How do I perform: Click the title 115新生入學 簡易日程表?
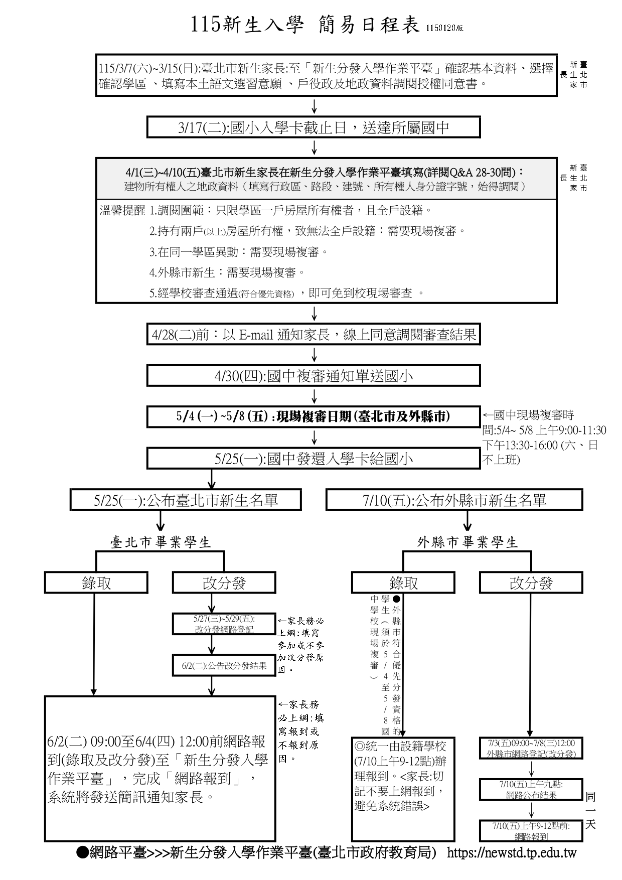point(305,25)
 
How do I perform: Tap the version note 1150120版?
point(445,29)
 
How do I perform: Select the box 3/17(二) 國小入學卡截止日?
point(314,127)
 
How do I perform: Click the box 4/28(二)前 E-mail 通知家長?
point(314,334)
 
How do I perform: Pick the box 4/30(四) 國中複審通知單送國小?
point(314,376)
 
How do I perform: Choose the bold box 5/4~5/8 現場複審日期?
point(314,416)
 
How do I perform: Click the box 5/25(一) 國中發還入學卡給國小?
point(314,459)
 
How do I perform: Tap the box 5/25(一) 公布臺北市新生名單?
point(186,500)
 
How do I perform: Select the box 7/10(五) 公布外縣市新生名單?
point(454,500)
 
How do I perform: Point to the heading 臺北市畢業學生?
point(161,542)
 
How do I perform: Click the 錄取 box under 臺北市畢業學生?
point(96,583)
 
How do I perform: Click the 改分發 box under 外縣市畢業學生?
point(531,583)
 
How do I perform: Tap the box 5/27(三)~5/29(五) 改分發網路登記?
point(224,624)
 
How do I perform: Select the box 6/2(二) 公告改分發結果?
point(224,666)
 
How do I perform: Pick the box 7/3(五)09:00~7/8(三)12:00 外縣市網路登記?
point(531,748)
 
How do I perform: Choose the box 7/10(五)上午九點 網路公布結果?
point(531,789)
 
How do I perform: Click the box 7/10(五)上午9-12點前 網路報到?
point(531,831)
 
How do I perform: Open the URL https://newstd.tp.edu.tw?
point(511,852)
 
